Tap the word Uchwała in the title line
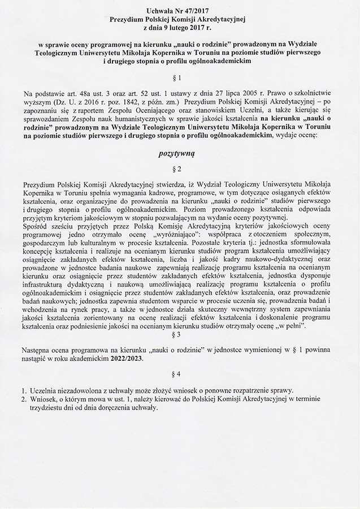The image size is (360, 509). click(x=160, y=11)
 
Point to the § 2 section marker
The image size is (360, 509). click(x=180, y=169)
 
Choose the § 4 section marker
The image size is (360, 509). click(x=180, y=375)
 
